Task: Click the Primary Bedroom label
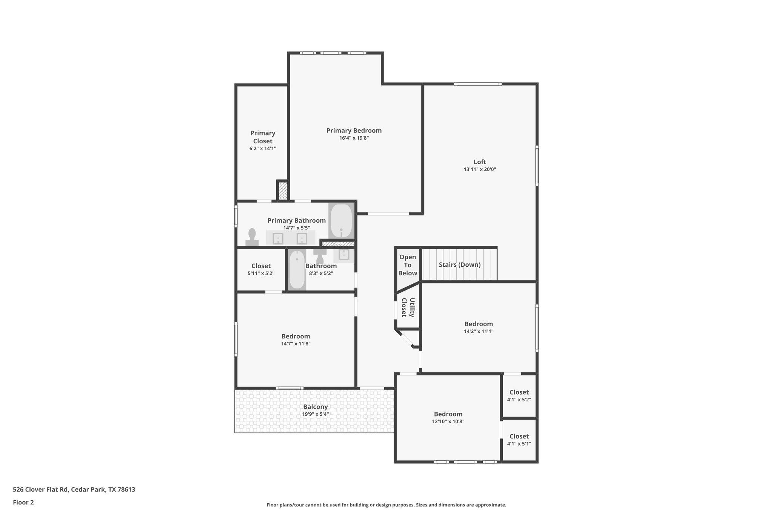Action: (x=354, y=131)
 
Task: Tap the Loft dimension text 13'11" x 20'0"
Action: (x=480, y=169)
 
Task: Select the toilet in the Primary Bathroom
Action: (x=252, y=237)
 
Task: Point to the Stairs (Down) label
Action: (x=459, y=265)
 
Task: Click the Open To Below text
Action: (x=408, y=265)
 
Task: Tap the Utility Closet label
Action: (x=408, y=307)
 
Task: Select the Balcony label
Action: (x=316, y=407)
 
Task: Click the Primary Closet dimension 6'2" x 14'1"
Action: (x=263, y=149)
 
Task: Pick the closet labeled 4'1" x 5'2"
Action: (x=519, y=395)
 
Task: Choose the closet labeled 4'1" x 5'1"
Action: (x=519, y=440)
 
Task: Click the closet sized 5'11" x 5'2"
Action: (x=261, y=269)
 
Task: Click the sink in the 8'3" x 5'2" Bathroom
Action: (x=344, y=255)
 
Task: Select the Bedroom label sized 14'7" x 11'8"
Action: (x=296, y=336)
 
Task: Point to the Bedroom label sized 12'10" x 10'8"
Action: (x=448, y=414)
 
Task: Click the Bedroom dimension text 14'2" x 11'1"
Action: (x=479, y=332)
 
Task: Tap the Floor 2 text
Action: (x=23, y=502)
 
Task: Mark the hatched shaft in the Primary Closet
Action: (x=283, y=191)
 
